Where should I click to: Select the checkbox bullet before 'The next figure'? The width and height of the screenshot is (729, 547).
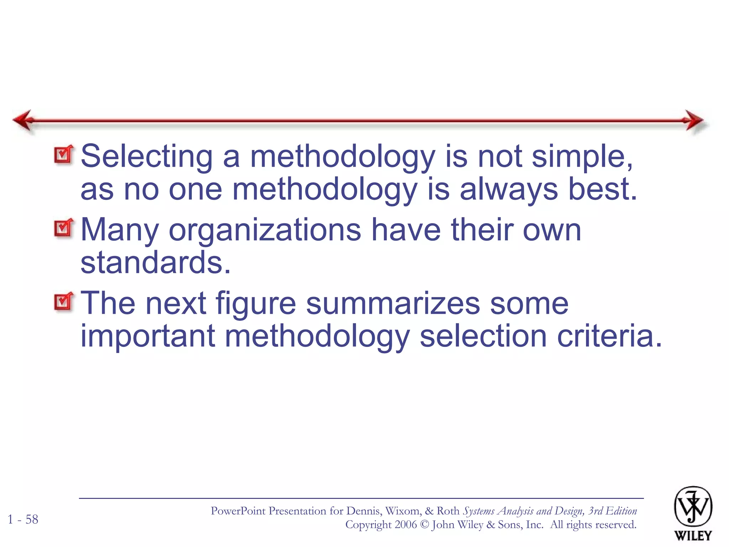point(64,302)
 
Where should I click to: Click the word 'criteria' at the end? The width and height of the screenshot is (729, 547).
point(609,336)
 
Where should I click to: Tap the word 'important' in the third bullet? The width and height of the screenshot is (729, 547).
point(148,336)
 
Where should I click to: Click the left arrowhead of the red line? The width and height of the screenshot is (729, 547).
point(23,120)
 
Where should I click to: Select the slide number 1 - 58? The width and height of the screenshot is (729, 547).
point(23,520)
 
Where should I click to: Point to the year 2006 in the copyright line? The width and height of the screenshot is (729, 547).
point(405,525)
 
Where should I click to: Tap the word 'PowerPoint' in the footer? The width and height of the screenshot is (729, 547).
point(238,511)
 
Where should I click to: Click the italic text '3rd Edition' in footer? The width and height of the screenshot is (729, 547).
point(612,511)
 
